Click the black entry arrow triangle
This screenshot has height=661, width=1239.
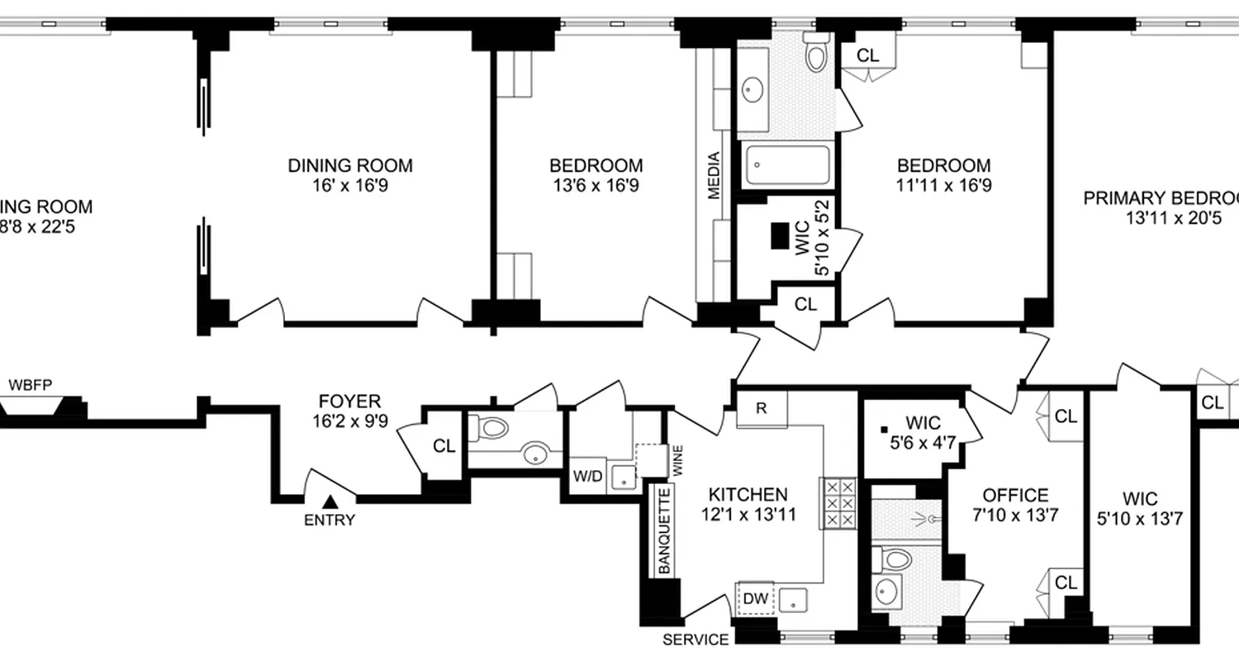tap(330, 501)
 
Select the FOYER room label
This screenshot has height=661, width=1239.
tap(350, 402)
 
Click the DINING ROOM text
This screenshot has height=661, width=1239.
tap(349, 165)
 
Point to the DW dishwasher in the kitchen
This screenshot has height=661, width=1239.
tap(754, 597)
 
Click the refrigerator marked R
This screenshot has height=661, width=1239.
tap(761, 408)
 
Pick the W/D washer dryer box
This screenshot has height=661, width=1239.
tap(587, 477)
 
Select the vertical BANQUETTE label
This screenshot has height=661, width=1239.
tap(664, 530)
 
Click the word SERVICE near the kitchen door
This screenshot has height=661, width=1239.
tap(696, 640)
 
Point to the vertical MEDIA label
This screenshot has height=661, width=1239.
tap(714, 174)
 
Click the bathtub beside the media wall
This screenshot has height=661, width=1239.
tap(788, 165)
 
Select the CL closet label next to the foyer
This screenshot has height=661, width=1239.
tap(444, 446)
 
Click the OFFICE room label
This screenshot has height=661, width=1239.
tap(1015, 496)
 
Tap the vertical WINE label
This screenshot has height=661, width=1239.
tap(677, 460)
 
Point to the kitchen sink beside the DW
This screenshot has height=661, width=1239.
tap(794, 598)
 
